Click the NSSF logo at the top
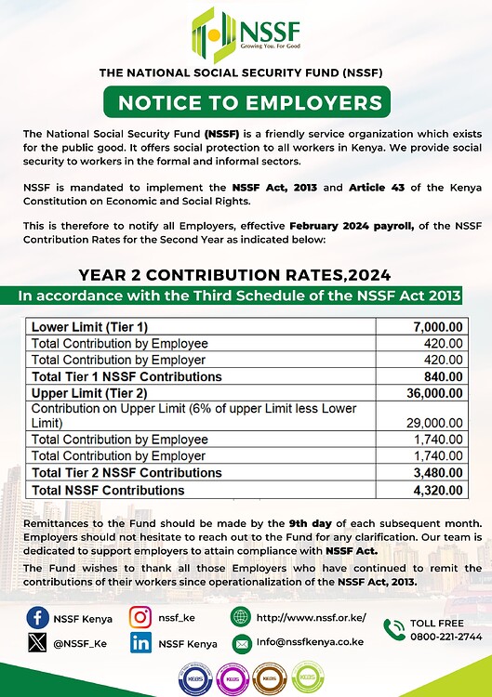pyautogui.click(x=245, y=34)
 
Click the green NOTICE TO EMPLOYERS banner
pyautogui.click(x=246, y=101)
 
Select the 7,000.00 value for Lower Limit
pyautogui.click(x=437, y=327)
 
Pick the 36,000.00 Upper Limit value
pyautogui.click(x=434, y=393)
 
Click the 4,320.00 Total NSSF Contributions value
pyautogui.click(x=437, y=490)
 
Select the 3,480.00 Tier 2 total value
pyautogui.click(x=437, y=473)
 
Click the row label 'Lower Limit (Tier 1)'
pyautogui.click(x=89, y=327)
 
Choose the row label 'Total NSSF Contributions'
pyautogui.click(x=108, y=490)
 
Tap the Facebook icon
pyautogui.click(x=39, y=616)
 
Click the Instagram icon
pyautogui.click(x=140, y=616)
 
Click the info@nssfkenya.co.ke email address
pyautogui.click(x=312, y=643)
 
